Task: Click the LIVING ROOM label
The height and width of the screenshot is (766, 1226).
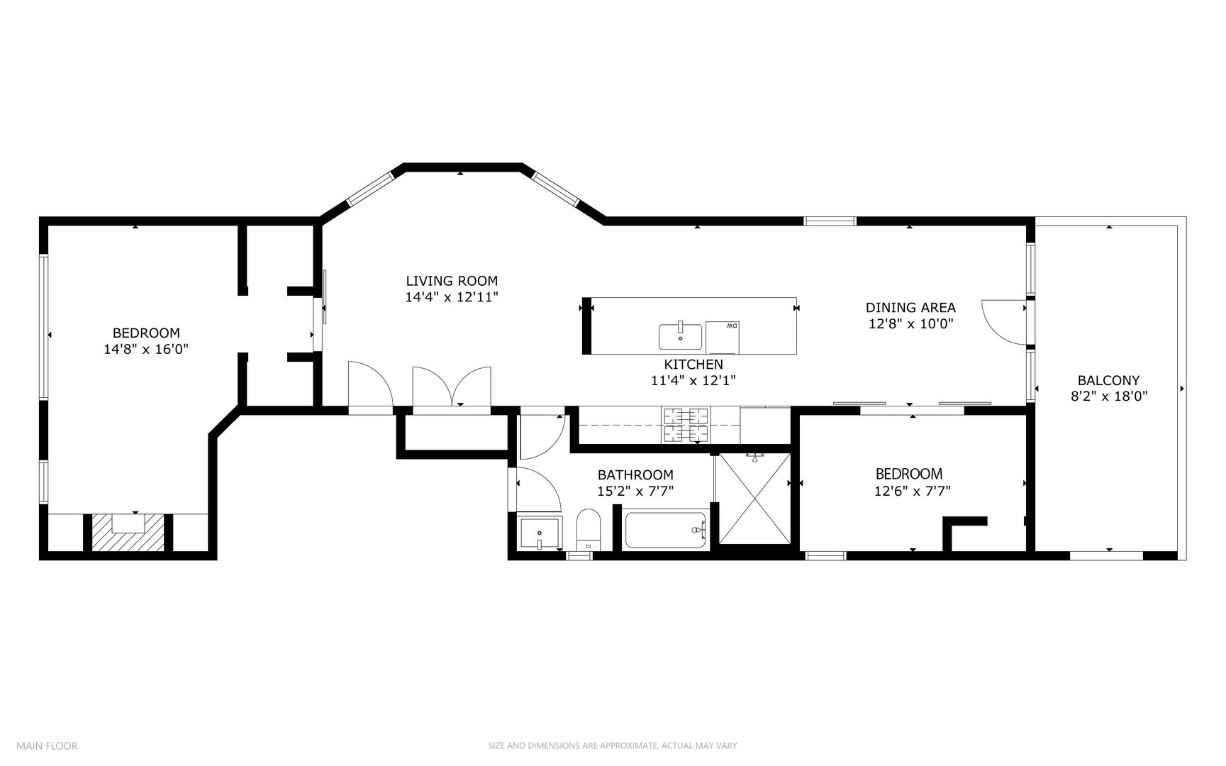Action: coord(452,281)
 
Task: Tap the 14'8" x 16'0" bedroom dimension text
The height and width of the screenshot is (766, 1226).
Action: coord(146,349)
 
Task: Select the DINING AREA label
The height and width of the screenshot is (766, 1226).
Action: coord(910,308)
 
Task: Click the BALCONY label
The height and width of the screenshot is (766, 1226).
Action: coord(1108,380)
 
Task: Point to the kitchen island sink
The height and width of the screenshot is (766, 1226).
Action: coord(680,336)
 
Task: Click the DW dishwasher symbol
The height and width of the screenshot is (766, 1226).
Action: coord(723,337)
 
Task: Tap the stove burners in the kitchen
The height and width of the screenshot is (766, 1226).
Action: coord(685,424)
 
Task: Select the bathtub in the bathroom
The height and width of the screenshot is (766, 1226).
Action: coord(666,531)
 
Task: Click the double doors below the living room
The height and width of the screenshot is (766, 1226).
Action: coord(452,387)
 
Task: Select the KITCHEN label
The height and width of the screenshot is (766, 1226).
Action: coord(693,365)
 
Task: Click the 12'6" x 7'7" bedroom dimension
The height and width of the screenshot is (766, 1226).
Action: coord(913,490)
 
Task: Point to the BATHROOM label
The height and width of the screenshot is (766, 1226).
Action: coord(635,474)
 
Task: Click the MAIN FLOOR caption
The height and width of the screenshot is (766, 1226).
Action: coord(47,745)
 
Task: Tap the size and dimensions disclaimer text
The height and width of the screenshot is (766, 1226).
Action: coord(613,745)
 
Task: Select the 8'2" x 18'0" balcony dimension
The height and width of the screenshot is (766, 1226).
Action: coord(1108,396)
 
